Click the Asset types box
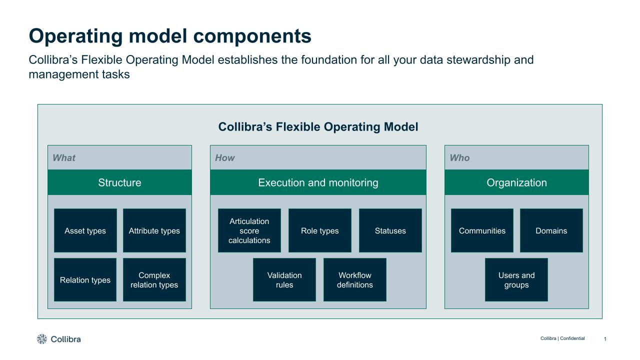coord(85,230)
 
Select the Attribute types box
coord(154,230)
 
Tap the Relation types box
coord(85,280)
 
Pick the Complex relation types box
coord(154,280)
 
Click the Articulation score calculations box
coord(249,230)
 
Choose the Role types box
coord(319,230)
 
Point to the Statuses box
coord(390,230)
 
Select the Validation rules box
coord(284,280)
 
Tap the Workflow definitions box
coord(354,280)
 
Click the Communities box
coord(482,230)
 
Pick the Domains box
coord(551,230)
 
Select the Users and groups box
coord(516,280)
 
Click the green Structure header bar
coord(119,182)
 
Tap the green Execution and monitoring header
coord(318,182)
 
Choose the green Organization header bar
coord(516,182)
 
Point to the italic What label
coord(64,158)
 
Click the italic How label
coord(224,158)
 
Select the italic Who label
coord(459,158)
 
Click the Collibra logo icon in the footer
coord(42,339)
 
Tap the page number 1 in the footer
coord(605,339)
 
